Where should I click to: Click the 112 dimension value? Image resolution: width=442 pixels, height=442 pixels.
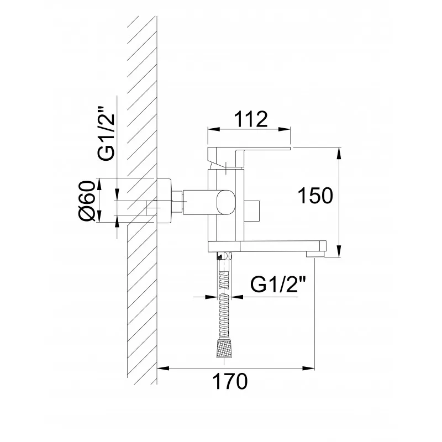point(251,119)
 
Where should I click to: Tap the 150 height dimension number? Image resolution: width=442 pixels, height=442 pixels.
point(315,196)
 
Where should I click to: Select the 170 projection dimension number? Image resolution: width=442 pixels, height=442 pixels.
point(230,381)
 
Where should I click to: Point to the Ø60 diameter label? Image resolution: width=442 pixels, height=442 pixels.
point(86,201)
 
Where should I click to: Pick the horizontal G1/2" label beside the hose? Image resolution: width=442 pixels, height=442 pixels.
point(278,285)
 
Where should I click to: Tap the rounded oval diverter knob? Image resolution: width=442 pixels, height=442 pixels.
point(225,201)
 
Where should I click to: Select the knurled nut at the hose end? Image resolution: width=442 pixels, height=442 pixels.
point(224,349)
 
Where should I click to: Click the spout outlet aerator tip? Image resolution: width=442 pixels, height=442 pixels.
point(315,255)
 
